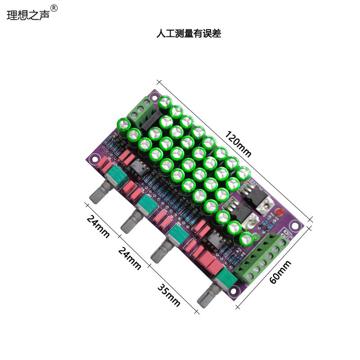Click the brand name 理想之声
pos(28,14)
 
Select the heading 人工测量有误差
pos(189,33)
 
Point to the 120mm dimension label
pos(238,144)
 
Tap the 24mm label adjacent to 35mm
pos(130,258)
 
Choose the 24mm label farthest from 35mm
pos(98,227)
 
